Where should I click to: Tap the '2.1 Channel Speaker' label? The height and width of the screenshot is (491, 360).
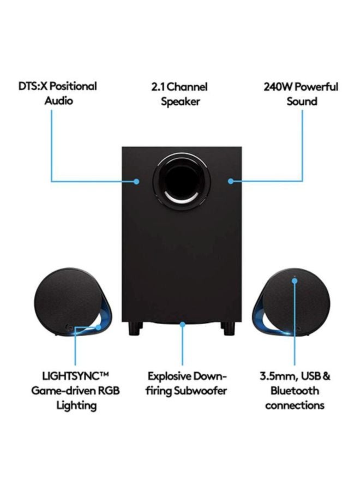(x=179, y=94)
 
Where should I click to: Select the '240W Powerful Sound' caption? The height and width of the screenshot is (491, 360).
(x=301, y=94)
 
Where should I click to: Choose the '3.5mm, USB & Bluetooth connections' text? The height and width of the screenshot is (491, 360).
(x=295, y=391)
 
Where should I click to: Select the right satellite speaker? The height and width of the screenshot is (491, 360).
(x=292, y=302)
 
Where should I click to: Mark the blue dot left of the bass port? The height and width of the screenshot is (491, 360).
(x=137, y=181)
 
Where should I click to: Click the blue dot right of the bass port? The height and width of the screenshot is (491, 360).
(x=231, y=181)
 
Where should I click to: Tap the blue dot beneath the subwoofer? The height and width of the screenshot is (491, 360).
(x=183, y=324)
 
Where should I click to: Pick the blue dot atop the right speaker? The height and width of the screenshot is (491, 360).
(x=295, y=281)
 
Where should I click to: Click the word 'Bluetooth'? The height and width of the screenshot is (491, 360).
(x=295, y=391)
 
